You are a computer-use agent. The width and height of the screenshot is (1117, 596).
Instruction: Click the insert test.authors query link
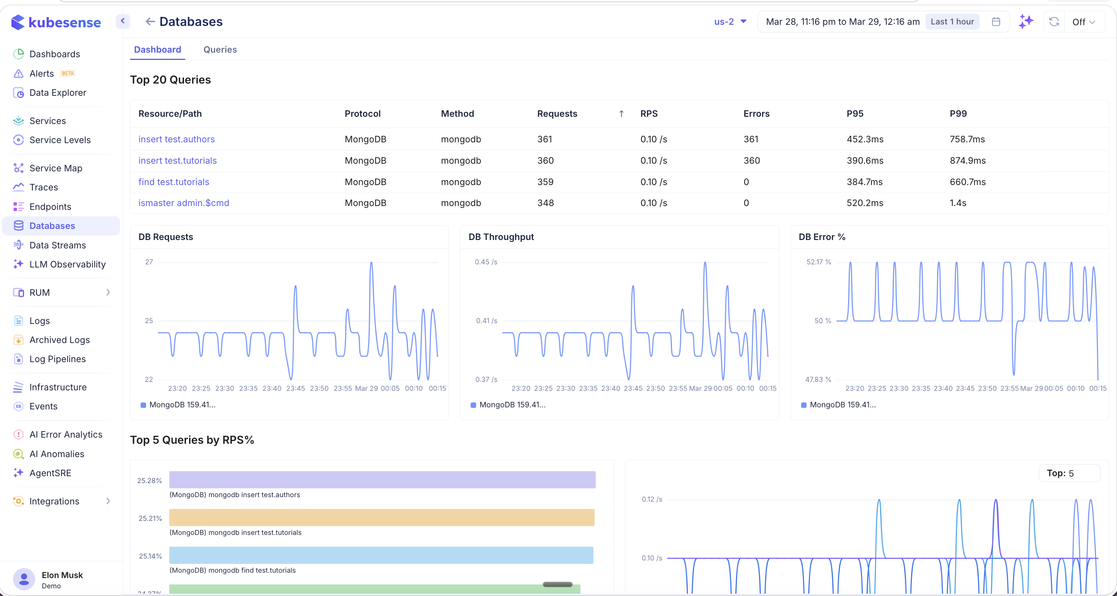pyautogui.click(x=176, y=139)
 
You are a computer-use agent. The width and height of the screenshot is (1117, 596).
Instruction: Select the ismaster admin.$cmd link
pyautogui.click(x=183, y=203)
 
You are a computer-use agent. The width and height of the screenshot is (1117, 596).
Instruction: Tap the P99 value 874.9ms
pyautogui.click(x=967, y=160)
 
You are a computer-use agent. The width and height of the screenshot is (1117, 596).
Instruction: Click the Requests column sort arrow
pyautogui.click(x=621, y=113)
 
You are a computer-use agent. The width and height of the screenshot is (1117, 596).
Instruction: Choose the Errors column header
pyautogui.click(x=756, y=113)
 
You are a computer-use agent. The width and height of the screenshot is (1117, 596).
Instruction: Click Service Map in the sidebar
pyautogui.click(x=55, y=168)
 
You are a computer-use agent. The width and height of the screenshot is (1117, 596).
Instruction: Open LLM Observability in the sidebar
pyautogui.click(x=67, y=264)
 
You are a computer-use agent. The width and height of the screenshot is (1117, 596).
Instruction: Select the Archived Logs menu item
pyautogui.click(x=60, y=340)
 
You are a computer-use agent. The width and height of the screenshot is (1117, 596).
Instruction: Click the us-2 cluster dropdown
pyautogui.click(x=730, y=22)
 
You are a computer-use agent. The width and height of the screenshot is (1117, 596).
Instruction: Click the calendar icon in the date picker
pyautogui.click(x=996, y=22)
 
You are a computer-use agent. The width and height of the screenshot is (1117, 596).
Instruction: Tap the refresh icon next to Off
pyautogui.click(x=1054, y=22)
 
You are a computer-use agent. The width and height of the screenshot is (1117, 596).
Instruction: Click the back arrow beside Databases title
pyautogui.click(x=150, y=22)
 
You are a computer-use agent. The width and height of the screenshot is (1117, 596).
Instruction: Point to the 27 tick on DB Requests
pyautogui.click(x=149, y=262)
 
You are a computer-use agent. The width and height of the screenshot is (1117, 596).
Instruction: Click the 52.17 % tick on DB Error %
pyautogui.click(x=818, y=262)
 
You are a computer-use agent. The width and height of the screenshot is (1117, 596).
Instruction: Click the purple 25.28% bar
pyautogui.click(x=382, y=480)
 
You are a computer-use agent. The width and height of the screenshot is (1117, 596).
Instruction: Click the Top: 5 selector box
pyautogui.click(x=1069, y=473)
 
